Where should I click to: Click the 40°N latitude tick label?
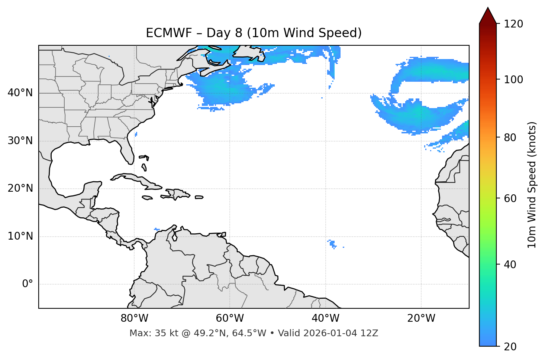pyautogui.click(x=20, y=93)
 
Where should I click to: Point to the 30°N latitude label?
pyautogui.click(x=20, y=141)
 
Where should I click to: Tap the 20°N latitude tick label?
pyautogui.click(x=20, y=188)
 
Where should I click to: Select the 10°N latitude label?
pyautogui.click(x=20, y=236)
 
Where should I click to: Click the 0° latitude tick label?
pyautogui.click(x=28, y=284)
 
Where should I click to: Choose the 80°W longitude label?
pyautogui.click(x=134, y=318)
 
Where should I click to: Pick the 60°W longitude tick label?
pyautogui.click(x=230, y=318)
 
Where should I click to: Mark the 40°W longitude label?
pyautogui.click(x=325, y=318)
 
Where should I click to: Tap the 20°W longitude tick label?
pyautogui.click(x=421, y=318)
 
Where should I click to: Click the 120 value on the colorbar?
pyautogui.click(x=513, y=24)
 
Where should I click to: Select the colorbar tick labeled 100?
pyautogui.click(x=513, y=80)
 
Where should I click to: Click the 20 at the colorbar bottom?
pyautogui.click(x=511, y=347)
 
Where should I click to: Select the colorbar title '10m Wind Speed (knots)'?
pyautogui.click(x=532, y=185)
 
